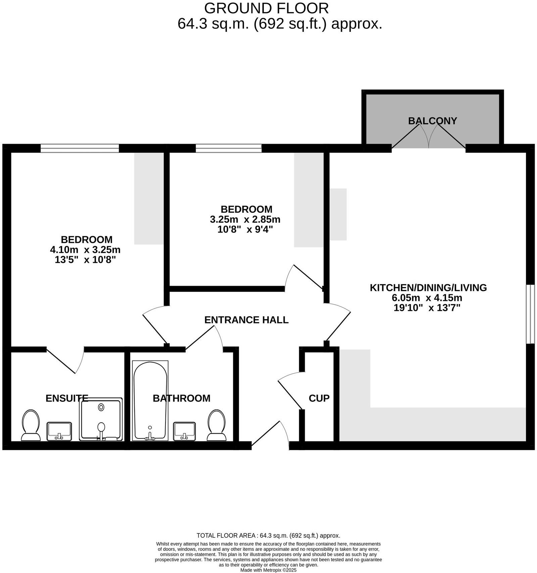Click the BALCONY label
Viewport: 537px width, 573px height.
(432, 121)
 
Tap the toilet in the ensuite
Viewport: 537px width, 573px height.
(31, 425)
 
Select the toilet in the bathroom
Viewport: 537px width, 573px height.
(216, 425)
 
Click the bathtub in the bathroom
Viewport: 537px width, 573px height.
(150, 400)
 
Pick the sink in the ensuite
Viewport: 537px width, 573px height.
(59, 431)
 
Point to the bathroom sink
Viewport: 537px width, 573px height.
(184, 431)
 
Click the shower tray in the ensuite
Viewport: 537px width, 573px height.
(101, 419)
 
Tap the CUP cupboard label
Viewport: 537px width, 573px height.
(319, 398)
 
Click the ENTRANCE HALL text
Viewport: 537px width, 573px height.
(246, 320)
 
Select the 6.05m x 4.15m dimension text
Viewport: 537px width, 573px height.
(427, 298)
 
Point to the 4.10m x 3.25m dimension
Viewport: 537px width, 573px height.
(85, 250)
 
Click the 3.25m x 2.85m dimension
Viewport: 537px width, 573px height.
(245, 220)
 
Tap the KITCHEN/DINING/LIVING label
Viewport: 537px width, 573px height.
(428, 288)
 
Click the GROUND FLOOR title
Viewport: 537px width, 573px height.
(266, 8)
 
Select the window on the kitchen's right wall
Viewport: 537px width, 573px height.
(530, 314)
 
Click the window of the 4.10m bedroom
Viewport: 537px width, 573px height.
(80, 148)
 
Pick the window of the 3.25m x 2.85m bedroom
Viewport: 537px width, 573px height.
(229, 148)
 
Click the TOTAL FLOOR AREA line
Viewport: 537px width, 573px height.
(268, 535)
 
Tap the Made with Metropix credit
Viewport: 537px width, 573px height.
(268, 570)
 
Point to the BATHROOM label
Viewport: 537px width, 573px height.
(182, 398)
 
